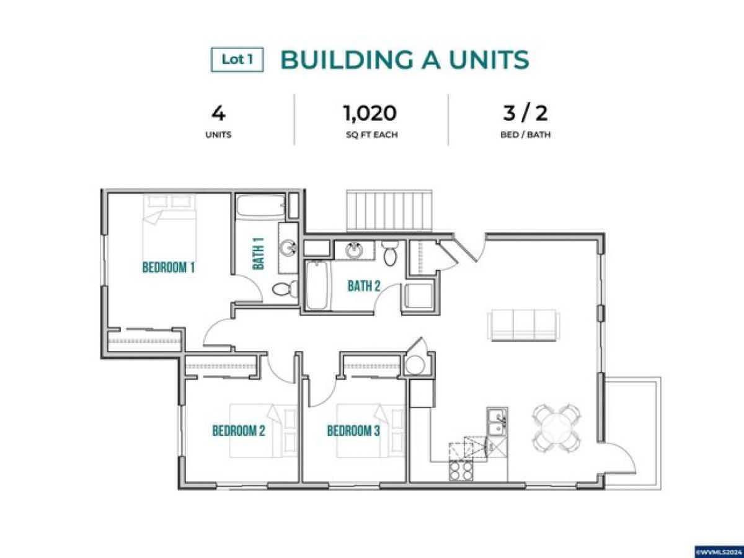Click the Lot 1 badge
click(237, 60)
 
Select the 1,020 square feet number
click(370, 113)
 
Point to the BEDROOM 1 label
click(169, 268)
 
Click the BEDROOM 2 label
click(239, 430)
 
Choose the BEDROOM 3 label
click(353, 430)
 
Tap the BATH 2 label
click(363, 286)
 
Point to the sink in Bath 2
click(354, 251)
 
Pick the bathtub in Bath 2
click(316, 285)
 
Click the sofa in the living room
click(524, 325)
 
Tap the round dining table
click(556, 428)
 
